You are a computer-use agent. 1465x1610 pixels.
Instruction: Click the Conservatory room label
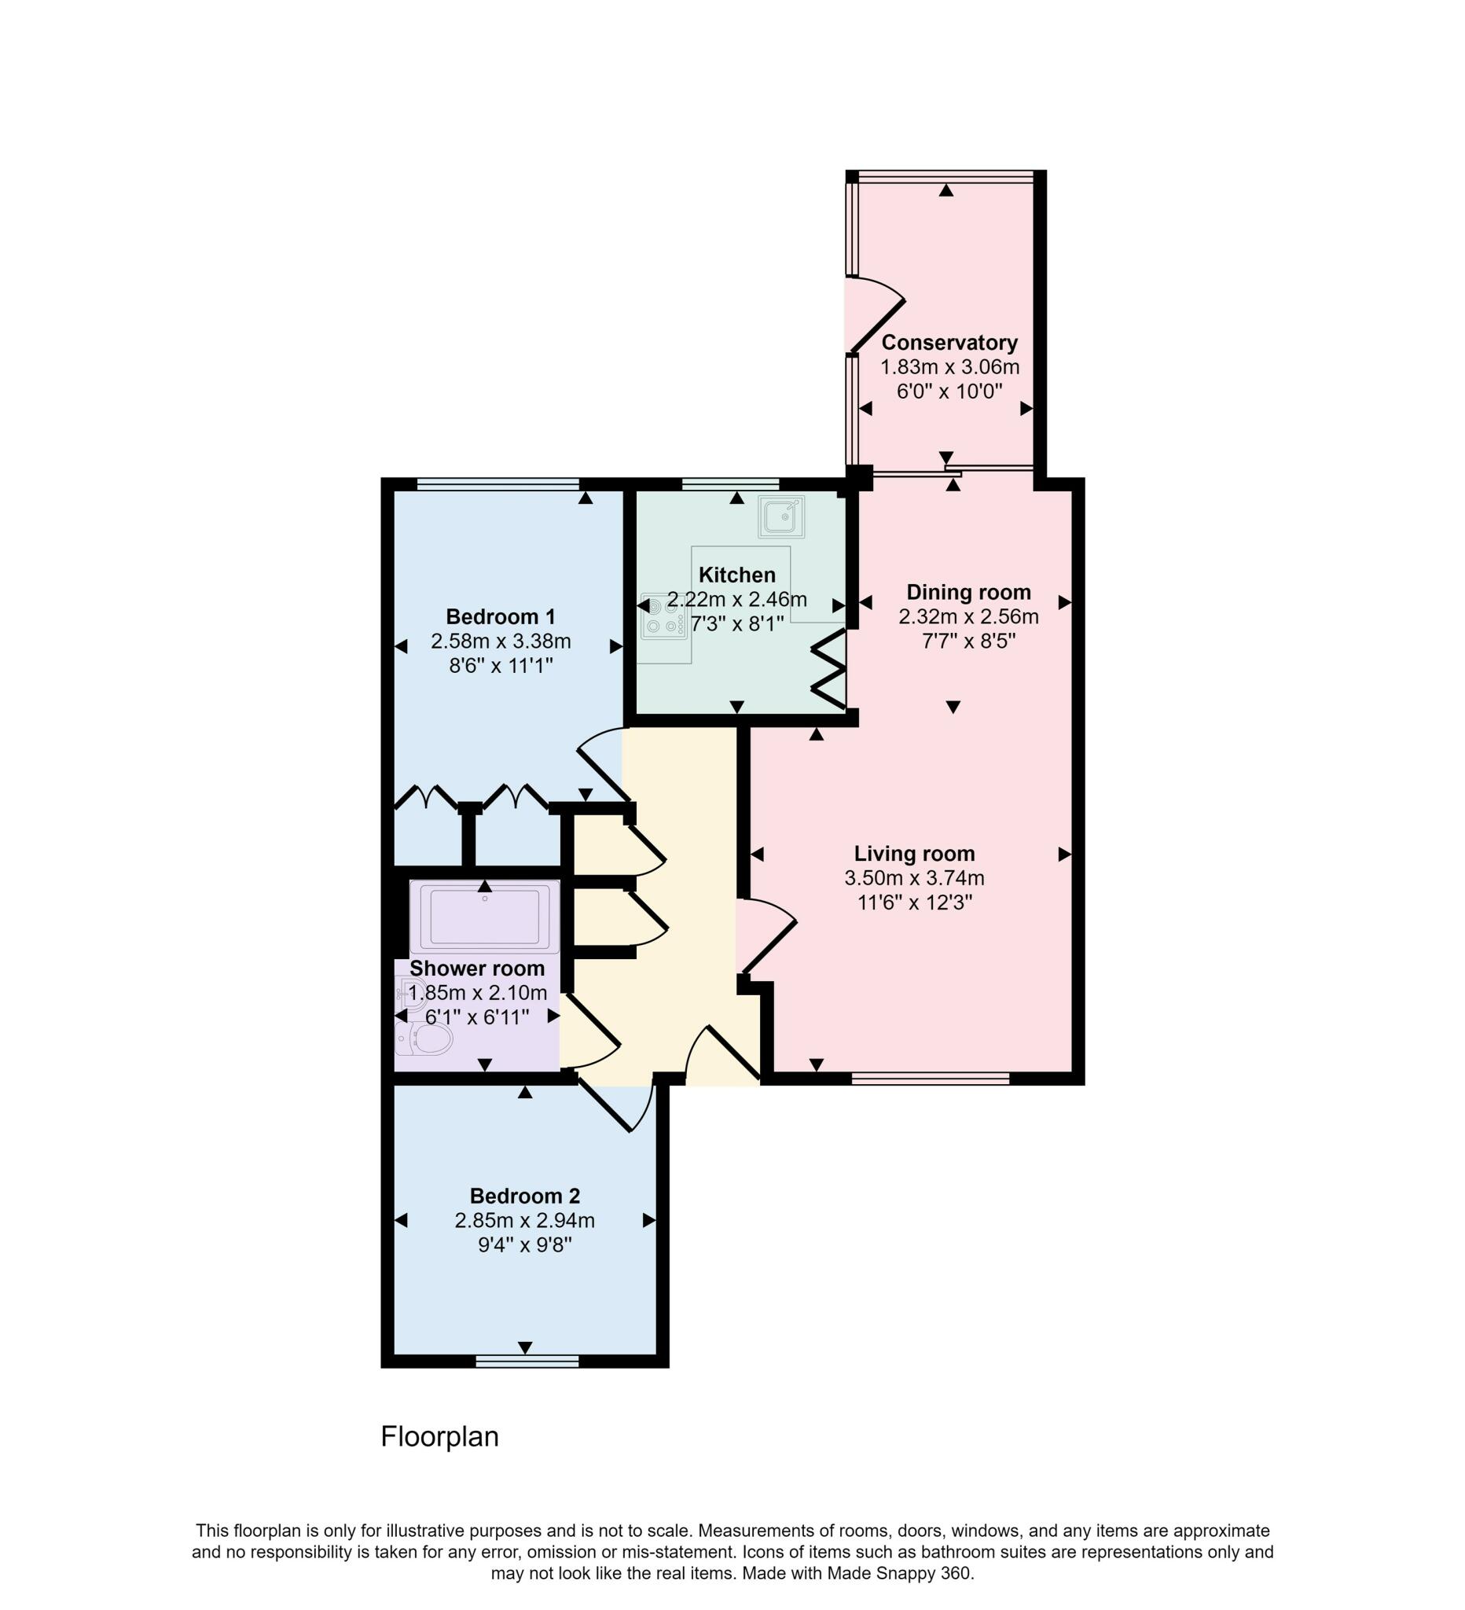click(x=949, y=343)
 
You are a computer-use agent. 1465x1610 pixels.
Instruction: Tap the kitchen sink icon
click(x=780, y=516)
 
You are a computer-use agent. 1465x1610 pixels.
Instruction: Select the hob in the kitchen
click(x=663, y=616)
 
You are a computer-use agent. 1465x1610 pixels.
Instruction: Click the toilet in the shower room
click(x=426, y=1039)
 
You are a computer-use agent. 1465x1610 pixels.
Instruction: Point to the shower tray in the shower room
click(x=484, y=916)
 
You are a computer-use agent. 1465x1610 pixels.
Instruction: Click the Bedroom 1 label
click(x=500, y=616)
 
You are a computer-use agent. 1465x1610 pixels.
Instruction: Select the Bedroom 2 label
click(x=524, y=1196)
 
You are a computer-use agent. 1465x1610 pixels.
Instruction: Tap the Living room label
click(x=914, y=854)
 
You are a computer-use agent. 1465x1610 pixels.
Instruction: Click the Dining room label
click(x=967, y=592)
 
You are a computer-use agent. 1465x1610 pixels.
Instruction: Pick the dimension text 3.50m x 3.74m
click(x=914, y=878)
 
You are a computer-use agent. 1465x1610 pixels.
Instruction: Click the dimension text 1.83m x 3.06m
click(x=949, y=367)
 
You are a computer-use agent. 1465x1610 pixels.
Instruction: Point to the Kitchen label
click(x=736, y=575)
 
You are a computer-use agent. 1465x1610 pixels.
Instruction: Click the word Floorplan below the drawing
click(x=439, y=1437)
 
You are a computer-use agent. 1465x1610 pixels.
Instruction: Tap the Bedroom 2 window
click(x=527, y=1361)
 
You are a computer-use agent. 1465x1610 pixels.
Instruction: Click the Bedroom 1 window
click(x=498, y=483)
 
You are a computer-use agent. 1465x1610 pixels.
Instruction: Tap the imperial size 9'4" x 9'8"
click(x=524, y=1245)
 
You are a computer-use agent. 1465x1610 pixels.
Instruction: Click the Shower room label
click(x=476, y=969)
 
